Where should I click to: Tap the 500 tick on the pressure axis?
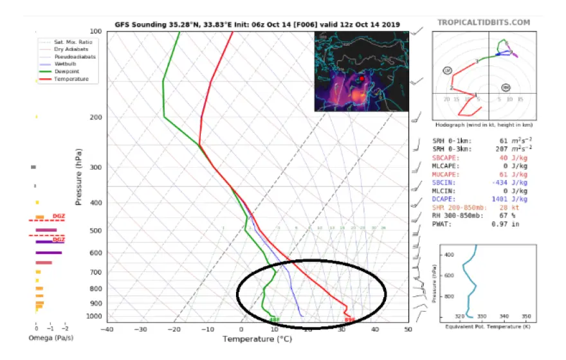point(95,230)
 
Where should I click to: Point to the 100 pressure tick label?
point(95,32)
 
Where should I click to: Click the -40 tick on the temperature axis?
point(107,329)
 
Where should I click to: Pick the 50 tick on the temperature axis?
point(408,329)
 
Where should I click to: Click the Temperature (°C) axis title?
point(257,339)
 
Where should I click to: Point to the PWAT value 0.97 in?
point(515,224)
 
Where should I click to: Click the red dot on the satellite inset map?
point(362,79)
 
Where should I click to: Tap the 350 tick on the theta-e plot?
point(525,316)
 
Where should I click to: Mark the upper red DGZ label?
point(59,217)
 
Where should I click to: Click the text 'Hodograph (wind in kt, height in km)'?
point(484,123)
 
